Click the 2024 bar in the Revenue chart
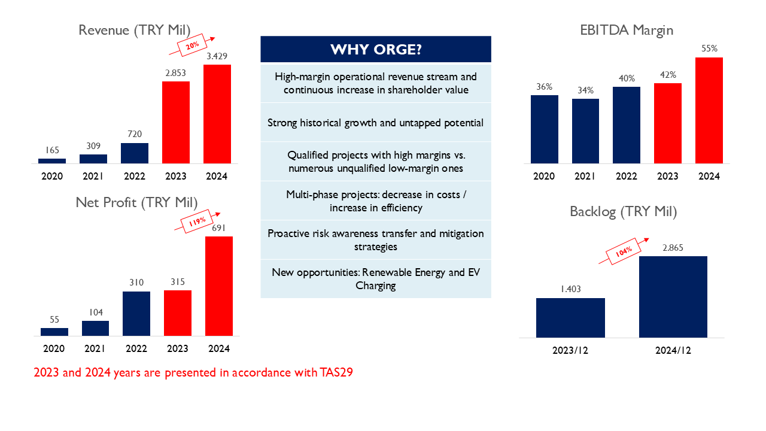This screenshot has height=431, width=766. tap(217, 114)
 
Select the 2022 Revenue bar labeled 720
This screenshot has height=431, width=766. tap(135, 153)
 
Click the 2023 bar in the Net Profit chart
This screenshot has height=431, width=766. tap(178, 313)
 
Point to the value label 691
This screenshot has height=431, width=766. tap(219, 227)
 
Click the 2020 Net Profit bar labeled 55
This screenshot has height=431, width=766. tap(54, 332)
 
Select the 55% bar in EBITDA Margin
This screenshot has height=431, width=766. tap(709, 110)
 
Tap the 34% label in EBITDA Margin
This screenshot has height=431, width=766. tap(585, 90)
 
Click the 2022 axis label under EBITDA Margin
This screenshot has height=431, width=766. tap(627, 177)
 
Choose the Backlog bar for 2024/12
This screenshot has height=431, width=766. tap(673, 297)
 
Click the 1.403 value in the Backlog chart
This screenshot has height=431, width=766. tap(570, 289)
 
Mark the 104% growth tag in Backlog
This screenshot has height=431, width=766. tap(622, 253)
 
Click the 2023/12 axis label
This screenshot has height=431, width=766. tap(570, 350)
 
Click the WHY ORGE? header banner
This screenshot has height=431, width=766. tap(376, 49)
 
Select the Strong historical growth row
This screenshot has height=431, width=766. tap(376, 123)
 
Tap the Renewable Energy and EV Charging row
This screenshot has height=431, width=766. tap(376, 279)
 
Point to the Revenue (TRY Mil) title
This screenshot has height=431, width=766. tap(135, 30)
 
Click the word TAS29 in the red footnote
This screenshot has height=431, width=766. tap(336, 373)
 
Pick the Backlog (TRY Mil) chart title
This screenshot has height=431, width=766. tap(623, 211)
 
